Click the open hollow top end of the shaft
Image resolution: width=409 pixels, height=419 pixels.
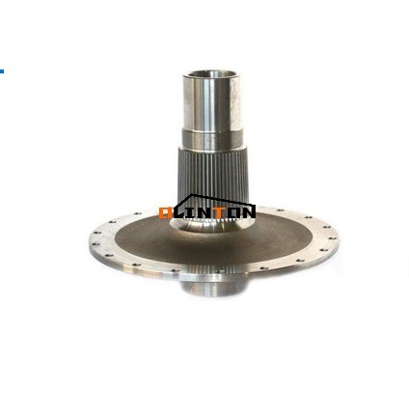point(209,74)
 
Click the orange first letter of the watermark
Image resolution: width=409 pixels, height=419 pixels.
point(166,211)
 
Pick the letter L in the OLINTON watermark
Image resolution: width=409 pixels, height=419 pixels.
point(179,211)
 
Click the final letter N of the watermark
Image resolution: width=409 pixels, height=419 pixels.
point(248,211)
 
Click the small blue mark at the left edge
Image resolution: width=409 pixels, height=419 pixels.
point(2,70)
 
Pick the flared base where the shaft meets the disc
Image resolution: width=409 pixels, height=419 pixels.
point(208,232)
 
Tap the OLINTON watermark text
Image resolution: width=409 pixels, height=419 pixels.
point(206,211)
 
